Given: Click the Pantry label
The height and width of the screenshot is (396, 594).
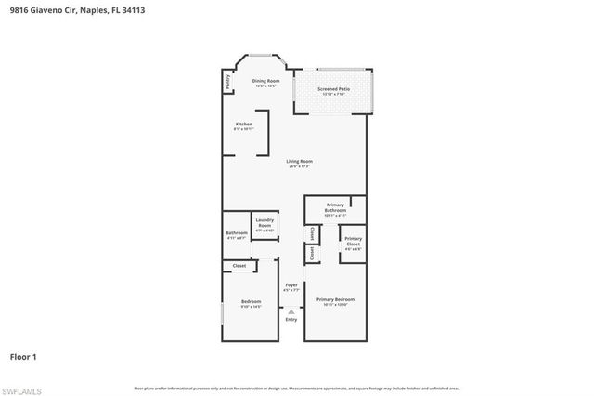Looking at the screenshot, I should [227, 82].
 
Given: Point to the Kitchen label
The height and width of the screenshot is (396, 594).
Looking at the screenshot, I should [243, 125].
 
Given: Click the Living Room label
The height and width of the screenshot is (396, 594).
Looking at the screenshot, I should [298, 164].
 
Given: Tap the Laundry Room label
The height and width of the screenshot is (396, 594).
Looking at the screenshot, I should [265, 224].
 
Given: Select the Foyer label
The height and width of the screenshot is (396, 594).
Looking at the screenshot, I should [291, 287].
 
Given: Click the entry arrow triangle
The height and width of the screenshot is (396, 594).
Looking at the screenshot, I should [291, 311].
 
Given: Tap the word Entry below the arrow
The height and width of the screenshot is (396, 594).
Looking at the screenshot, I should [291, 321].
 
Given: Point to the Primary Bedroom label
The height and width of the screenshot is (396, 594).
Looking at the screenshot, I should [335, 300].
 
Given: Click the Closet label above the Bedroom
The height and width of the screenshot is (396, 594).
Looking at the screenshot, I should [239, 266].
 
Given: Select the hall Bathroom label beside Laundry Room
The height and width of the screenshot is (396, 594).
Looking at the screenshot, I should [237, 234].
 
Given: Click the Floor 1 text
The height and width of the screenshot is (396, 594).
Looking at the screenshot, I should [23, 356].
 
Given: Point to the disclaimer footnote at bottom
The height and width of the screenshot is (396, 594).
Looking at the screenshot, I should [296, 388].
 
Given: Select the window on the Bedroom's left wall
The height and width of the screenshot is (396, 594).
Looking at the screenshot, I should [222, 310].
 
